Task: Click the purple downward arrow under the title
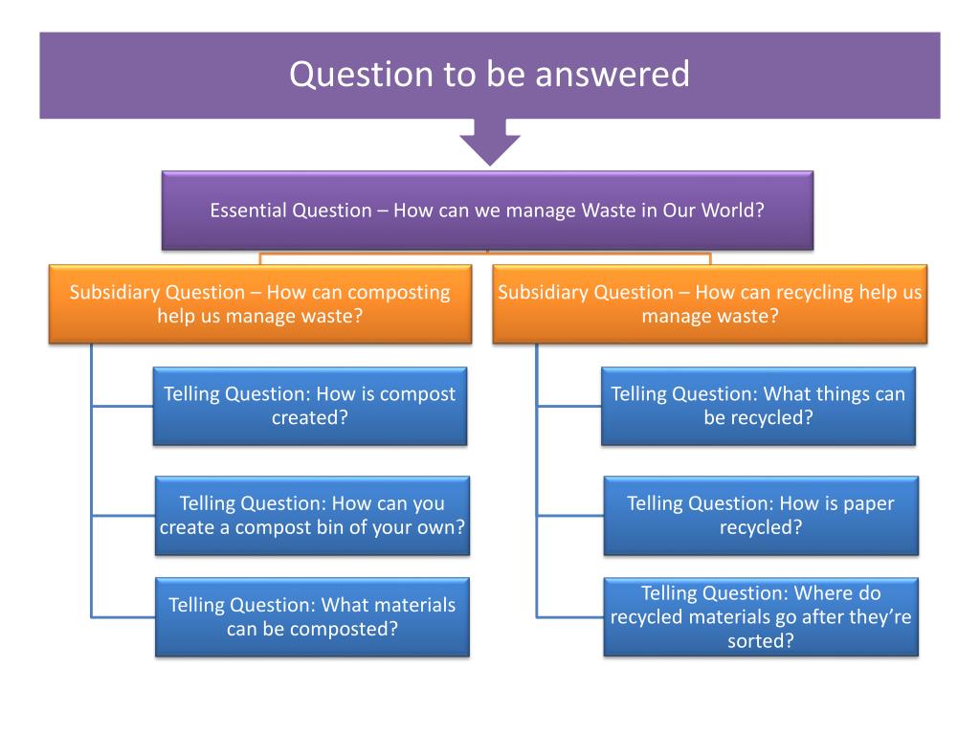pyautogui.click(x=490, y=142)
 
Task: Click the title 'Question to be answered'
pyautogui.click(x=489, y=75)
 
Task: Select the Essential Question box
pyautogui.click(x=487, y=211)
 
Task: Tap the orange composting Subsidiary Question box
pyautogui.click(x=259, y=303)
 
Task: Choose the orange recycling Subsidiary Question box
pyautogui.click(x=709, y=303)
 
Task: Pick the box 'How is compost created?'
pyautogui.click(x=310, y=406)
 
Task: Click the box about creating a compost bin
pyautogui.click(x=312, y=515)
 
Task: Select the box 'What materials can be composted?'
pyautogui.click(x=312, y=617)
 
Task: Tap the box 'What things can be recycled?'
pyautogui.click(x=758, y=406)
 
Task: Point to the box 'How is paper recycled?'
pyautogui.click(x=761, y=515)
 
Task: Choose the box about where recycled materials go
pyautogui.click(x=761, y=617)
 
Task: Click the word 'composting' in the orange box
pyautogui.click(x=399, y=293)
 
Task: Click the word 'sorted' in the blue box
pyautogui.click(x=761, y=641)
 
